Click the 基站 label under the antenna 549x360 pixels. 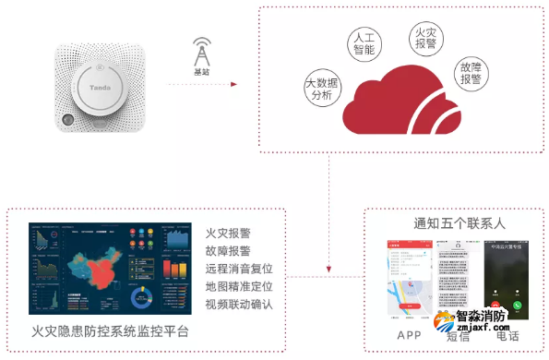200,71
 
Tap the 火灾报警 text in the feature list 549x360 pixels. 228,234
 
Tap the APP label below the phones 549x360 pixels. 409,334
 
